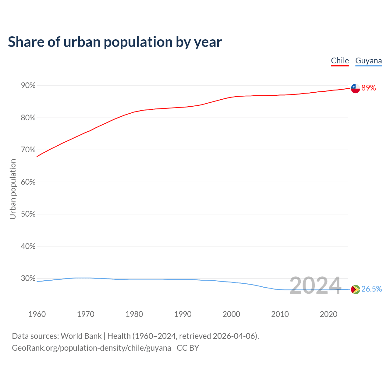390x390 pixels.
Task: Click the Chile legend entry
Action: [340, 61]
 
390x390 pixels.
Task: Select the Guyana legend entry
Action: [368, 61]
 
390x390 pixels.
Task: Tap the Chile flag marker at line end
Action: [355, 88]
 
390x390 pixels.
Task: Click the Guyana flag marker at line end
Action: [355, 289]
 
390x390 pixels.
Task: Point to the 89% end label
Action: [369, 88]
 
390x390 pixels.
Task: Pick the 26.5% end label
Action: [371, 289]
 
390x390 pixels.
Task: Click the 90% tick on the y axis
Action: [28, 86]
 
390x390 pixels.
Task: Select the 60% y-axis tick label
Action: [28, 182]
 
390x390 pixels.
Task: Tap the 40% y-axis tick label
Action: [28, 246]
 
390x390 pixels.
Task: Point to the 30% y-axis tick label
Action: [28, 278]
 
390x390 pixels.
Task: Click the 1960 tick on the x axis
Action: [37, 314]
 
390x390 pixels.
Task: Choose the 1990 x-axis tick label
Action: [183, 314]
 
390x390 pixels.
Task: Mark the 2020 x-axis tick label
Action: [328, 314]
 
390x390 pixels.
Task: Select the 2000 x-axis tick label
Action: [231, 314]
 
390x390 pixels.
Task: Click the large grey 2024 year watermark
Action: [315, 286]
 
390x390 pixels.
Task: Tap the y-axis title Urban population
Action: [13, 189]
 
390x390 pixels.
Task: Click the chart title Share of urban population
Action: [115, 42]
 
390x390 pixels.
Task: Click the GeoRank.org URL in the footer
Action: [91, 348]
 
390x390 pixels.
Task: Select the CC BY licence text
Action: [188, 348]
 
